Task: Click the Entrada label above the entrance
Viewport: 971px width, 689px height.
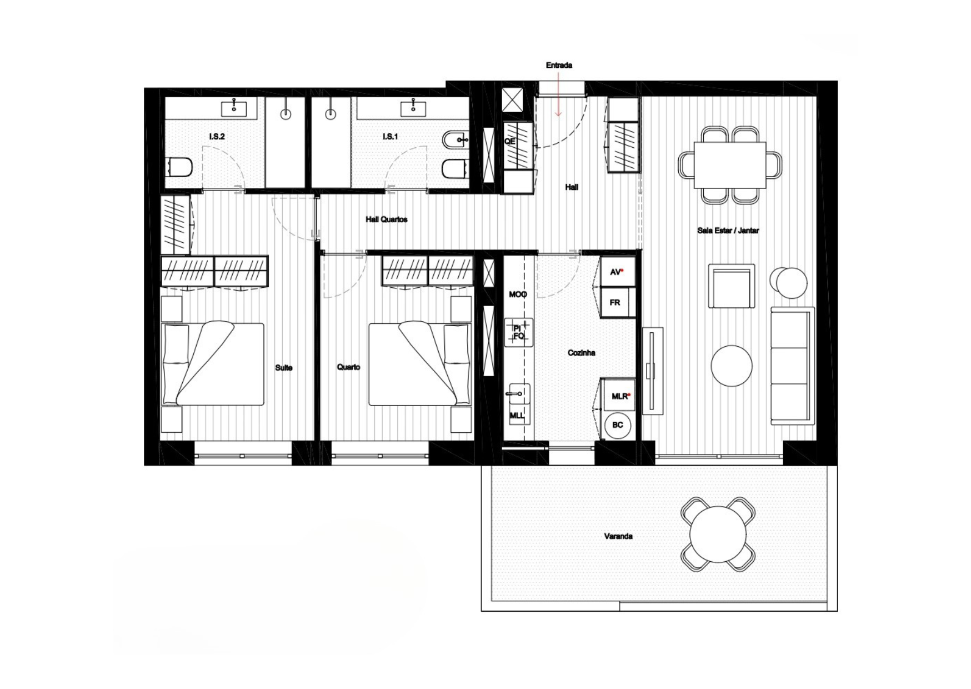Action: [x=559, y=66]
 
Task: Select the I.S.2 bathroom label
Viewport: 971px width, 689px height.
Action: [x=217, y=137]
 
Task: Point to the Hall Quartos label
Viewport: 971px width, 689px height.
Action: [x=387, y=219]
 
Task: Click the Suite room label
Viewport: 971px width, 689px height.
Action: [x=284, y=368]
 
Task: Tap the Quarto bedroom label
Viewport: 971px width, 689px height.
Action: [x=348, y=367]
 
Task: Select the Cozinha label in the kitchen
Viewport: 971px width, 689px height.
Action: [x=582, y=353]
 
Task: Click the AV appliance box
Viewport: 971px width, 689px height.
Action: [x=617, y=272]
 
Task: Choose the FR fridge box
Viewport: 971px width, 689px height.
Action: [x=617, y=302]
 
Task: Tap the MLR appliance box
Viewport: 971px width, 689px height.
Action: [x=619, y=396]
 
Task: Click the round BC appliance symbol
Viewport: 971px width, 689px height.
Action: [x=618, y=425]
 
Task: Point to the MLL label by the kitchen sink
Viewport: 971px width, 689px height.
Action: [x=517, y=416]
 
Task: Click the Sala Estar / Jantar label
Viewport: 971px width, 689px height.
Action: [x=728, y=231]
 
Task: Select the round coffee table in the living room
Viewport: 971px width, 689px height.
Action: [x=732, y=366]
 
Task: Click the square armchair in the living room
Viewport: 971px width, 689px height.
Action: [x=732, y=286]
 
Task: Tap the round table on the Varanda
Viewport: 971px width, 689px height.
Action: [x=718, y=533]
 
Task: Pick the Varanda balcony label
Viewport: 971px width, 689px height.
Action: [x=618, y=537]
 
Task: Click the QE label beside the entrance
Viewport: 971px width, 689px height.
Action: [x=509, y=142]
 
